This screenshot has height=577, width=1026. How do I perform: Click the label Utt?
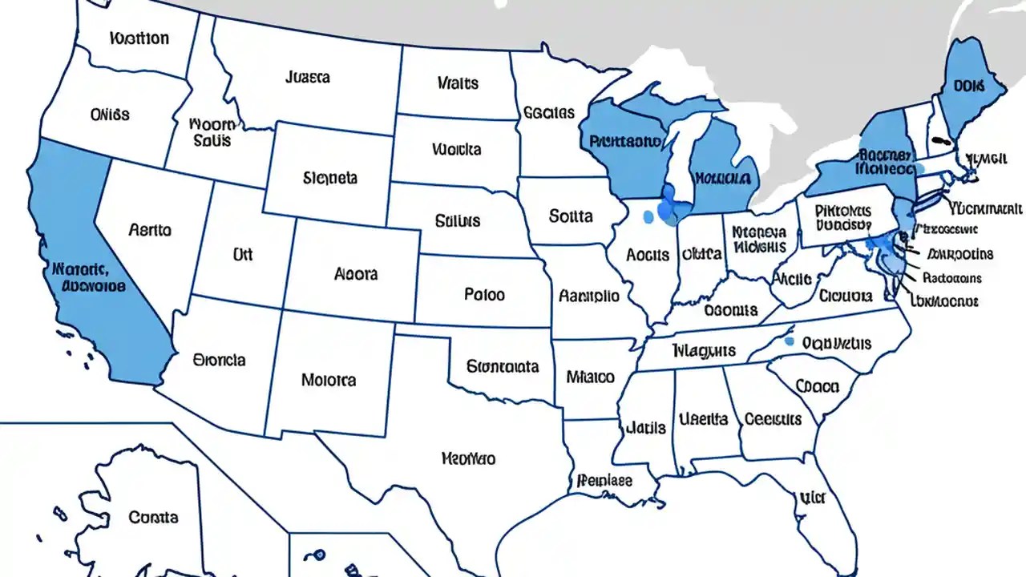(x=242, y=254)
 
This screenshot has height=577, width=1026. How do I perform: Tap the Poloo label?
(x=484, y=294)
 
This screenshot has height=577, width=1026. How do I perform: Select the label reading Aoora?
(x=355, y=273)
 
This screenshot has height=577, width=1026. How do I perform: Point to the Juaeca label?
(x=307, y=78)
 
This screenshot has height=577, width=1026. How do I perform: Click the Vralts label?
(x=458, y=83)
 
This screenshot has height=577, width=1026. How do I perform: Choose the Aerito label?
(x=149, y=230)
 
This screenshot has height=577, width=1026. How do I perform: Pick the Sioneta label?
(x=330, y=178)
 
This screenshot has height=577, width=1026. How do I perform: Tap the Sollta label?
(x=571, y=216)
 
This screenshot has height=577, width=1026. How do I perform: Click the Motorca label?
(x=329, y=379)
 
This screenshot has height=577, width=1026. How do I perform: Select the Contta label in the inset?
(x=153, y=517)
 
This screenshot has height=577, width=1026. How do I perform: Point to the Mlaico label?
(x=590, y=376)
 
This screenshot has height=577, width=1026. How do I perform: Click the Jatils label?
(x=645, y=427)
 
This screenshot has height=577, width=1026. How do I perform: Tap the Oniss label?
(x=110, y=115)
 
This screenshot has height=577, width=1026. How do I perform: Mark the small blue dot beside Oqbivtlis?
(x=789, y=341)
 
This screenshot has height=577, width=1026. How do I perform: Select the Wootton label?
(x=139, y=38)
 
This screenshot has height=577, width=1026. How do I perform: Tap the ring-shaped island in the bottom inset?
(x=319, y=554)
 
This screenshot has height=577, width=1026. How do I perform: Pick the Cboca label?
(x=817, y=386)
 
